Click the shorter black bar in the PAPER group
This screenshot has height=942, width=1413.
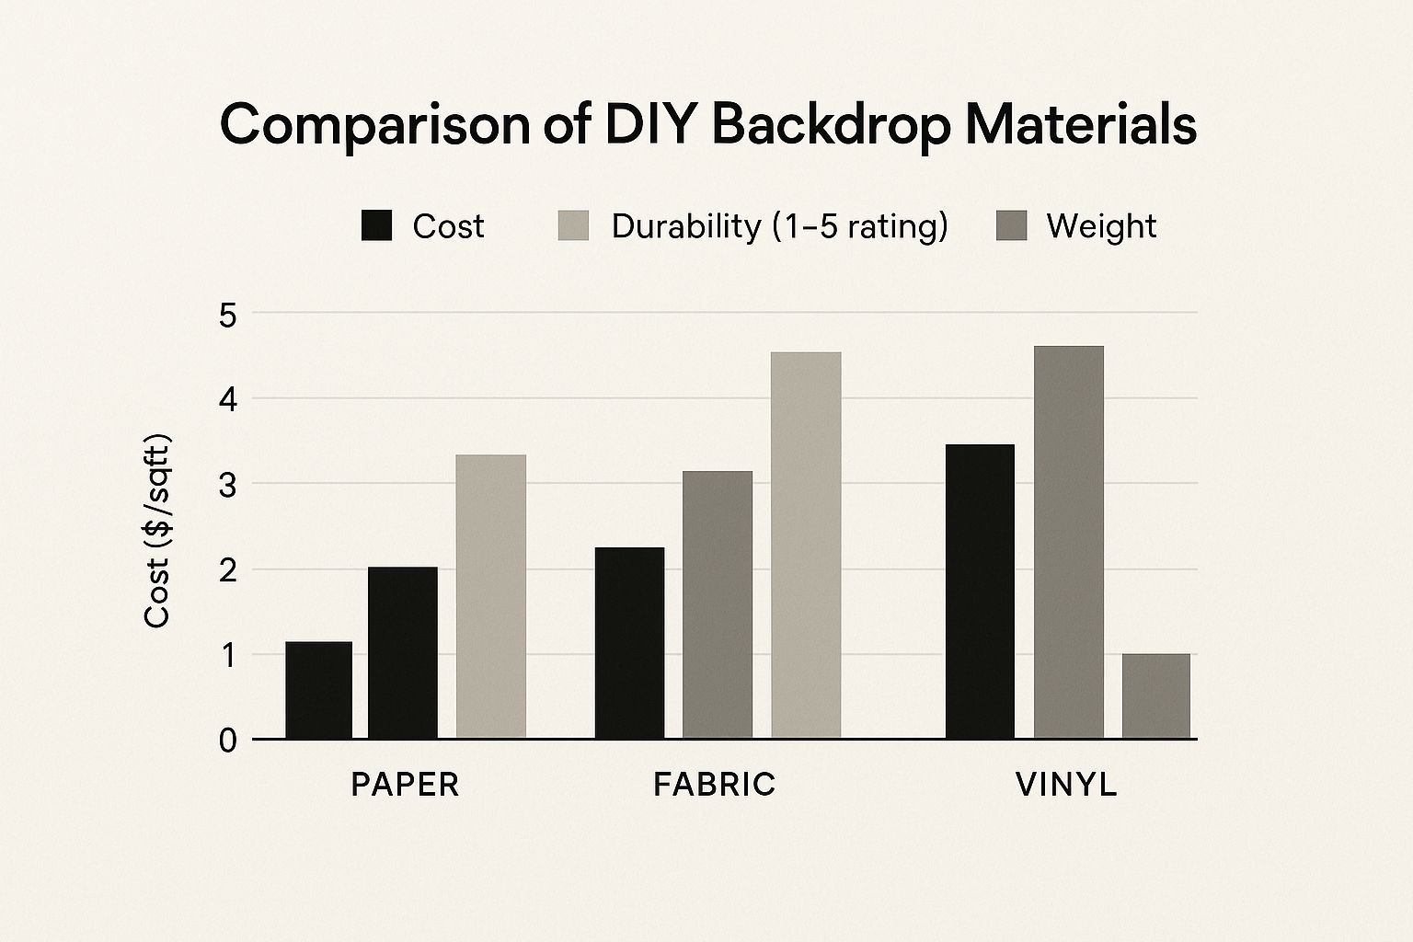click(318, 690)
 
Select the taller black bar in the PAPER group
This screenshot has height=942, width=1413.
click(402, 652)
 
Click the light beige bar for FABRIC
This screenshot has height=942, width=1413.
click(806, 545)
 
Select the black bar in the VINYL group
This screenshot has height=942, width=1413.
click(980, 591)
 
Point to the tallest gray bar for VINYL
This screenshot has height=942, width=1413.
click(1068, 542)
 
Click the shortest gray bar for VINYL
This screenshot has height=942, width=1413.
click(1155, 695)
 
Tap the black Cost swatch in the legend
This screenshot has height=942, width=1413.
click(376, 225)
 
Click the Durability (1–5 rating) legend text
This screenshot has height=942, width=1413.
click(779, 226)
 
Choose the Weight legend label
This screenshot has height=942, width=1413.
click(1101, 226)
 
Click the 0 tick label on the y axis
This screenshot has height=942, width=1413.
click(228, 741)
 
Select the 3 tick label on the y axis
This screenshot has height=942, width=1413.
click(228, 485)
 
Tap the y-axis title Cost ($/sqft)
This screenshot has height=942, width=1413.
click(157, 531)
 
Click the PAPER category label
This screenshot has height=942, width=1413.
click(405, 785)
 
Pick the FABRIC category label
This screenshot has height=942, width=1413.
click(715, 785)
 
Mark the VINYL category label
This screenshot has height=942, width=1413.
click(1066, 785)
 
